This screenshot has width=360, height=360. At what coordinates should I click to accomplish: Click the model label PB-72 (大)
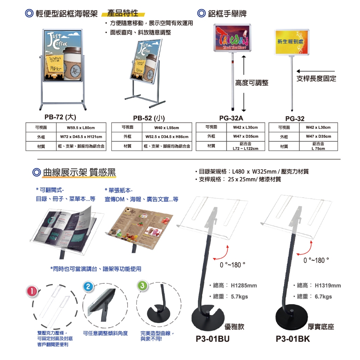coord(60,117)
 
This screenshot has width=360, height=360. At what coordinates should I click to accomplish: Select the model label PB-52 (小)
coord(149,118)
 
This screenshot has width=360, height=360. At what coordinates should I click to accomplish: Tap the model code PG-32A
coord(231,118)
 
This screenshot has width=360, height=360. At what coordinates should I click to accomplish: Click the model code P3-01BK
coord(293,339)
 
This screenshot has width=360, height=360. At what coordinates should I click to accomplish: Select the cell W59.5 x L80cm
coord(81,128)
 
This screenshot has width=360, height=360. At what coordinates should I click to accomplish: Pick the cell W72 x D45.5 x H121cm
coord(81,137)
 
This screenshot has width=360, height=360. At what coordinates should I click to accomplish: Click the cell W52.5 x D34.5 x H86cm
coord(167,137)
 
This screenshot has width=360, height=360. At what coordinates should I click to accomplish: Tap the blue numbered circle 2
coord(88,287)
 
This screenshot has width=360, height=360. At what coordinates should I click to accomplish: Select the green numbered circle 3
coord(142,286)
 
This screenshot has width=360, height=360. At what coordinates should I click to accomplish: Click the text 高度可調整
coord(252,83)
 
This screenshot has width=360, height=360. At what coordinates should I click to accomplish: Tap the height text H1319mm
coord(328,285)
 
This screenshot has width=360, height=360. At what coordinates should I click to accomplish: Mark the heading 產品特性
coord(123,14)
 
